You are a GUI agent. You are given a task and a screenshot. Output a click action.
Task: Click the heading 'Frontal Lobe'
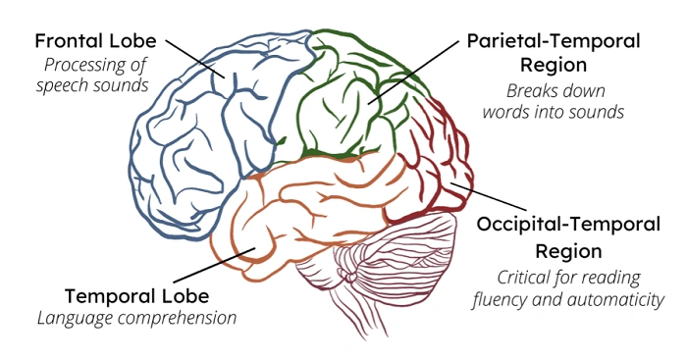(95, 42)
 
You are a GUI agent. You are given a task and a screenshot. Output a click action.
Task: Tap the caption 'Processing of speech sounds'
(95, 76)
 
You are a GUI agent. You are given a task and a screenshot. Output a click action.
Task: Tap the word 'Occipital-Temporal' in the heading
(573, 224)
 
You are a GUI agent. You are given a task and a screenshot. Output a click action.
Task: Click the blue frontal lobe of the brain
(196, 137)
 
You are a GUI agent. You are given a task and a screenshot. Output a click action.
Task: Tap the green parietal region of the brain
(343, 98)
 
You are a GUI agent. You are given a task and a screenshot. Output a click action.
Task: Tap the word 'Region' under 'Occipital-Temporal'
(573, 249)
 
